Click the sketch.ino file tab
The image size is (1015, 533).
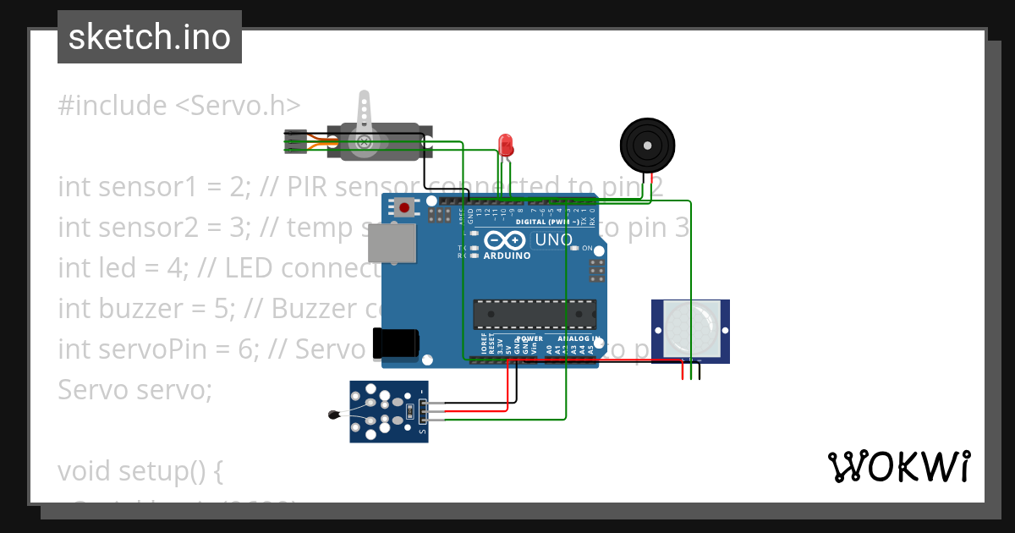pyautogui.click(x=150, y=37)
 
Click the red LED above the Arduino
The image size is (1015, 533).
pyautogui.click(x=506, y=143)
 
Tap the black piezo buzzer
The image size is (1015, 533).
pyautogui.click(x=647, y=146)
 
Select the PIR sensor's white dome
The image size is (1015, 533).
pyautogui.click(x=689, y=329)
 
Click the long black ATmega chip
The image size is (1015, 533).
pyautogui.click(x=534, y=314)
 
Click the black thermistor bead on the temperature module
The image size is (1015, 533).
pyautogui.click(x=332, y=414)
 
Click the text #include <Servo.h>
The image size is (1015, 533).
pyautogui.click(x=178, y=106)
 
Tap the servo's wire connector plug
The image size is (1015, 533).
pyautogui.click(x=295, y=141)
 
